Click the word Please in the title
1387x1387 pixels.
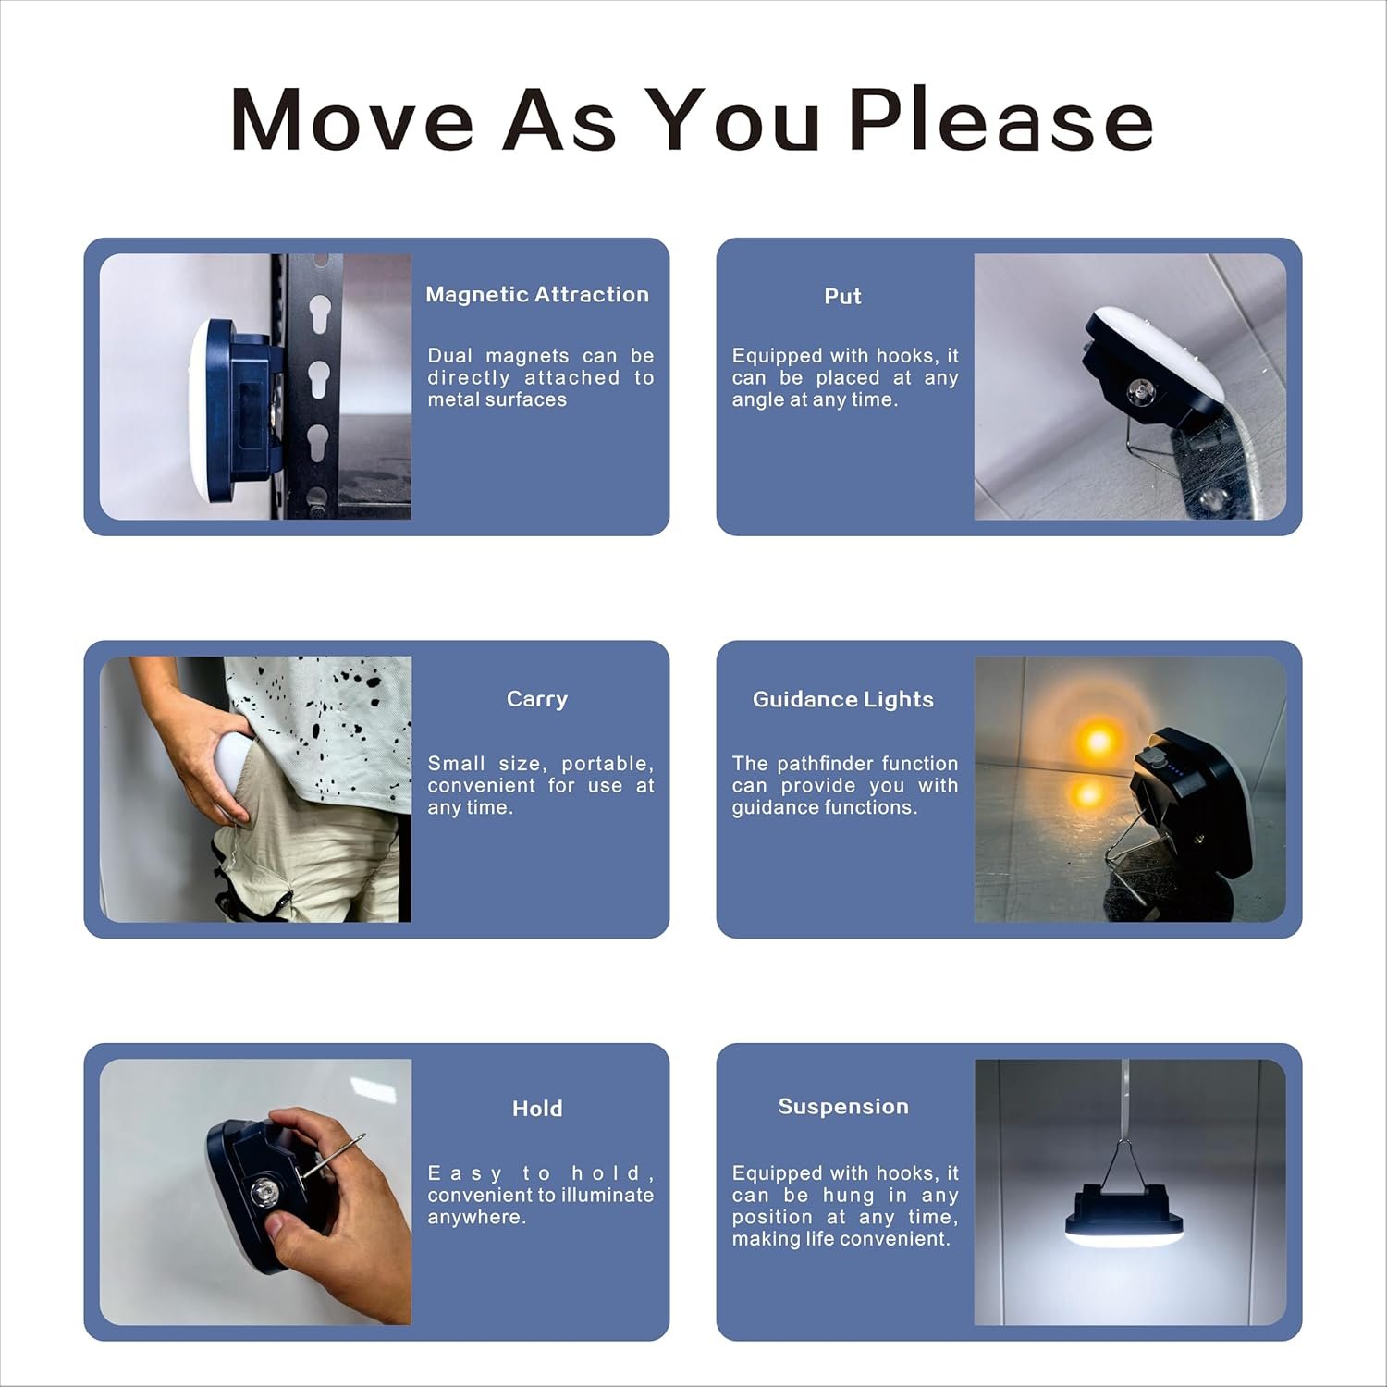[x=1000, y=119]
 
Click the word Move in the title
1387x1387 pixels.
[x=351, y=119]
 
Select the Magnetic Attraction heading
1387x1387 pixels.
[x=537, y=295]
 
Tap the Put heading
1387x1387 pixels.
[x=842, y=296]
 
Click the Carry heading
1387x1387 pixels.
[x=537, y=700]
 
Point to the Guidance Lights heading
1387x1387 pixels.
[x=843, y=700]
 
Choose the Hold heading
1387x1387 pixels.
[x=537, y=1109]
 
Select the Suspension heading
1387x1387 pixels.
[x=843, y=1107]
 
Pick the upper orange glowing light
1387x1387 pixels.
[x=1099, y=740]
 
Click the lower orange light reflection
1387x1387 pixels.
[x=1087, y=793]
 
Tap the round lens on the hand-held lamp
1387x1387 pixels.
[x=262, y=1197]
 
